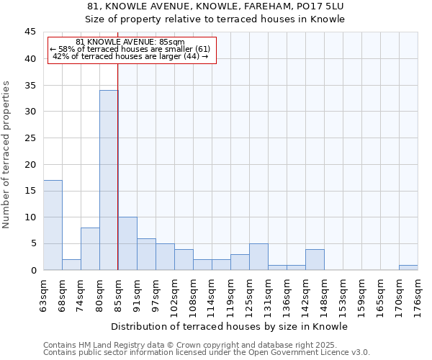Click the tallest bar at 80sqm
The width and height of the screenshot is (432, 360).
(109, 180)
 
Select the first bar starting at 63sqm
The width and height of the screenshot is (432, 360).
(53, 225)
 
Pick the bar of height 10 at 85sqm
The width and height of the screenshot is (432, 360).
(127, 243)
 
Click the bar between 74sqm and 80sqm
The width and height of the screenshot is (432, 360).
(90, 248)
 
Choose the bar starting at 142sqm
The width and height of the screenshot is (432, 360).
(315, 259)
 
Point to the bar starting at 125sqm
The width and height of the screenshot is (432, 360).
(258, 257)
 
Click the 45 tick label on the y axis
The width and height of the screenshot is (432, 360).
(30, 32)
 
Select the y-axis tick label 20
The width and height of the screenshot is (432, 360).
(30, 164)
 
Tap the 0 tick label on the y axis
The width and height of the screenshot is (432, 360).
(33, 270)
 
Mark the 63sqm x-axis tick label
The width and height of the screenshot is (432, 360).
(43, 294)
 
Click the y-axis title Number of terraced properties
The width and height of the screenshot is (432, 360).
(7, 155)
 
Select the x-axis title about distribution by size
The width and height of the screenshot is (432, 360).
(230, 327)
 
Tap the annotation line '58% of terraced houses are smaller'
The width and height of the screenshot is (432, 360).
(130, 49)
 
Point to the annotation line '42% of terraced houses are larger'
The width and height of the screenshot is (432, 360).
(130, 56)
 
